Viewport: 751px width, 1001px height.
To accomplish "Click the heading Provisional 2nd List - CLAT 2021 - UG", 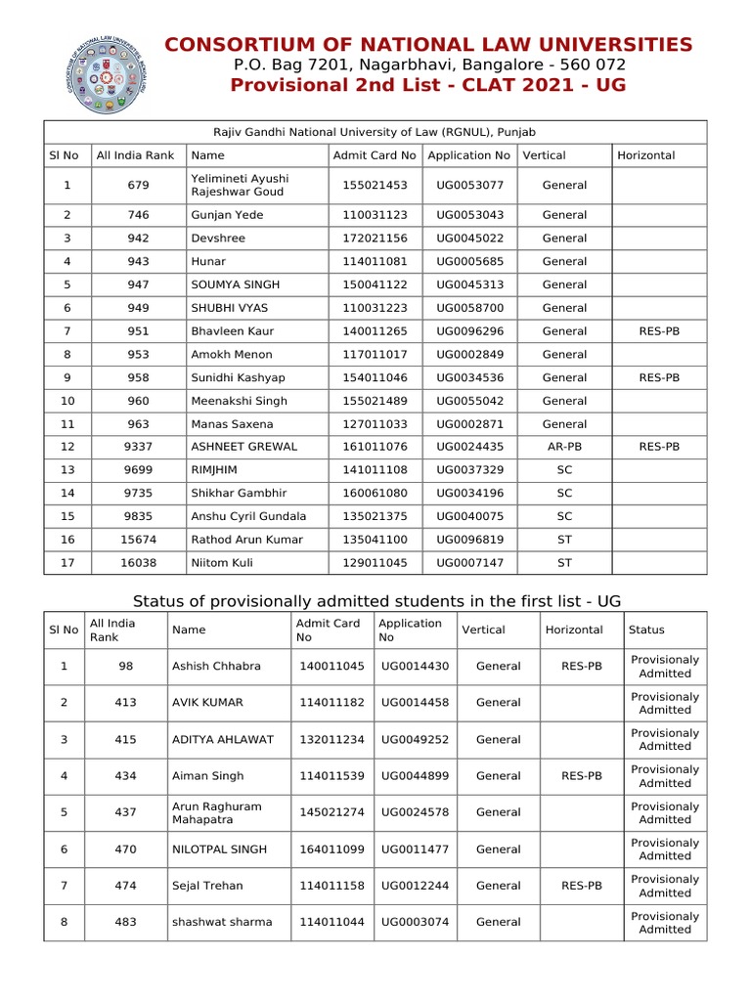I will coord(428,85).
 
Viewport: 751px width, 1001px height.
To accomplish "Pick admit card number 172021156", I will coord(375,239).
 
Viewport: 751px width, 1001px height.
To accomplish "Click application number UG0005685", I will coord(470,262).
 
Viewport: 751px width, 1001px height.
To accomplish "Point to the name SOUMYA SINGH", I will coord(236,285).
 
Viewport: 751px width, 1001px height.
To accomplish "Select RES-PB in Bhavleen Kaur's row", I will coord(659,331).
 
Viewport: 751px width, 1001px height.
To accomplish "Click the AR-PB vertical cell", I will coord(564,448).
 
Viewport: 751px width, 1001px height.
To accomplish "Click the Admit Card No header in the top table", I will coord(375,155).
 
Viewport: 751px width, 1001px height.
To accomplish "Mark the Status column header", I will coord(648,631).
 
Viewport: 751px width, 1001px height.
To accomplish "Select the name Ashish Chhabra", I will coord(216,667).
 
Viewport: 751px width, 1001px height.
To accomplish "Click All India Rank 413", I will coord(125,703).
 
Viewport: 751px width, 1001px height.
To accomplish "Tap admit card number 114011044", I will coord(331,922).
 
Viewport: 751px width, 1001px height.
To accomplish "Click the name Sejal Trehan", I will coord(207,886).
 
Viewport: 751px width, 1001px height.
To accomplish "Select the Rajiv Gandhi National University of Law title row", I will coord(375,132).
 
